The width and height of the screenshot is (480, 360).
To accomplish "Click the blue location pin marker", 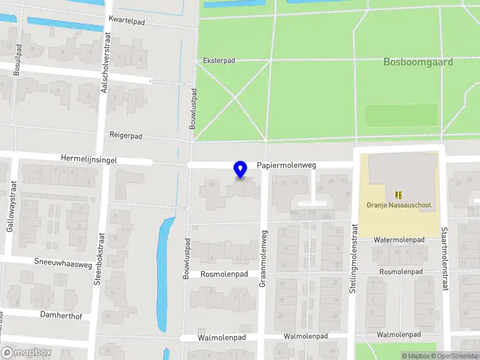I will click(x=241, y=170).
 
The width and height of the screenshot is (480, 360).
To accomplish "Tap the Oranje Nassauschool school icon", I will click(x=398, y=194).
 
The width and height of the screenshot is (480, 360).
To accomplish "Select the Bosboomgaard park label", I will click(x=418, y=62).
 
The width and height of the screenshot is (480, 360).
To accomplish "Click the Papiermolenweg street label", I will click(x=286, y=165).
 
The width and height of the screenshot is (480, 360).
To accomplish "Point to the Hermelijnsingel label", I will click(x=89, y=160).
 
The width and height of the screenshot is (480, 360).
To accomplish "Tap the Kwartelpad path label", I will click(x=127, y=20).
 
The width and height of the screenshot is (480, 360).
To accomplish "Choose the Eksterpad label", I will click(x=219, y=61).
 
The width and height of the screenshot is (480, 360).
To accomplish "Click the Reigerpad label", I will click(x=126, y=136).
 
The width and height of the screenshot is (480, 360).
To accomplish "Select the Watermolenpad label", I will click(x=399, y=239).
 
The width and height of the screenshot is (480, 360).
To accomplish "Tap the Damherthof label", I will click(x=61, y=314).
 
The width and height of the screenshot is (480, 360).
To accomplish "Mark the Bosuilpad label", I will click(x=18, y=60).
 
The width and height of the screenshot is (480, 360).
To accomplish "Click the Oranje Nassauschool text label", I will click(x=398, y=205).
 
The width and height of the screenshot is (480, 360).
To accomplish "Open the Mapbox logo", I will click(x=26, y=353).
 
